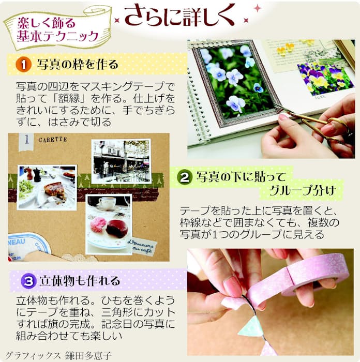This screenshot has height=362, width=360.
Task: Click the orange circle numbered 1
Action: [x=24, y=65]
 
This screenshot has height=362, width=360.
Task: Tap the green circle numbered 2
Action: [x=185, y=177]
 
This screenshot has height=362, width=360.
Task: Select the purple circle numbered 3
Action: [x=28, y=281]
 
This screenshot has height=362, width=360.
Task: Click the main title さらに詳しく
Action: [x=180, y=16]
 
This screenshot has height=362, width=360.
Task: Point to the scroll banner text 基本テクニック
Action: [x=58, y=36]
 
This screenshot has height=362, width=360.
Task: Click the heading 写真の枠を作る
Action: [x=78, y=65]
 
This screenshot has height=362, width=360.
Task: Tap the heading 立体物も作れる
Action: [x=80, y=281]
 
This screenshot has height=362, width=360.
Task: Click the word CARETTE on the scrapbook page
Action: [x=53, y=140]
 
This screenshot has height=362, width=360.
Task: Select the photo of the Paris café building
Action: [x=121, y=161]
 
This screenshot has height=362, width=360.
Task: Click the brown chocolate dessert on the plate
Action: [x=117, y=229]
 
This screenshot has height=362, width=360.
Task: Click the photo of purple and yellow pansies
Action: [x=325, y=79]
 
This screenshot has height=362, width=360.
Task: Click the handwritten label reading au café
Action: [x=142, y=250]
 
